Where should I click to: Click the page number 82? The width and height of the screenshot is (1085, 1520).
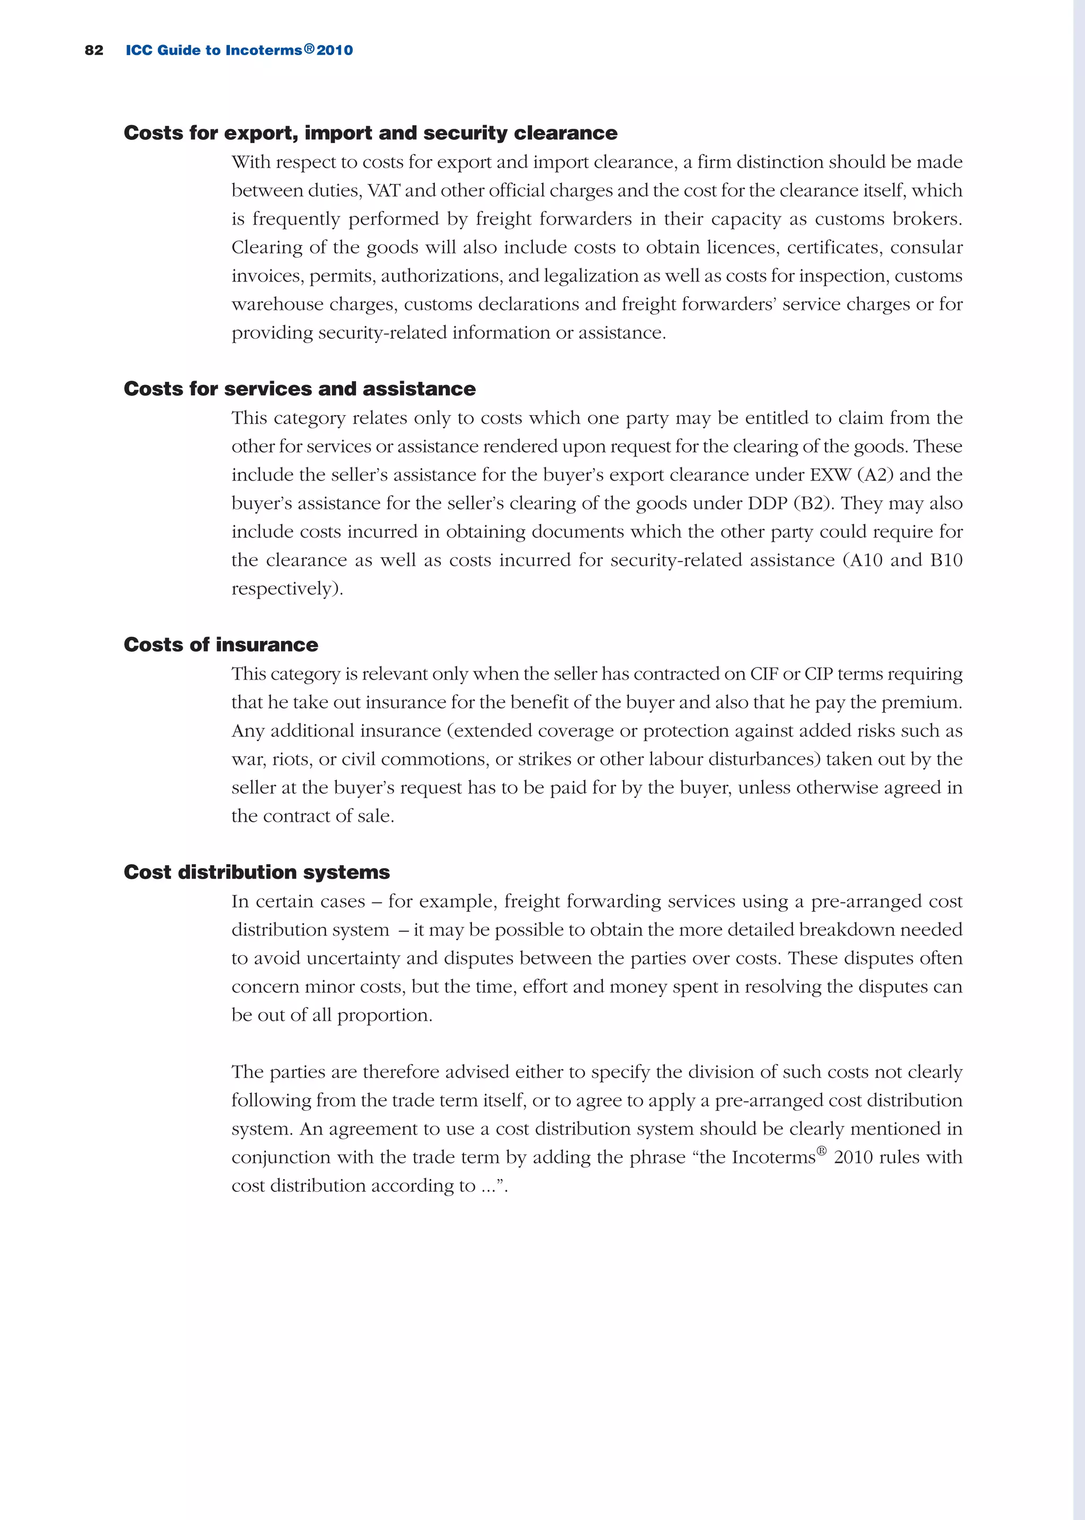[x=94, y=50]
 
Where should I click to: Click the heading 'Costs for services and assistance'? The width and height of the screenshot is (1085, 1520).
[x=299, y=389]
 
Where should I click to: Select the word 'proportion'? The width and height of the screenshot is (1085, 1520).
[x=384, y=1015]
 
